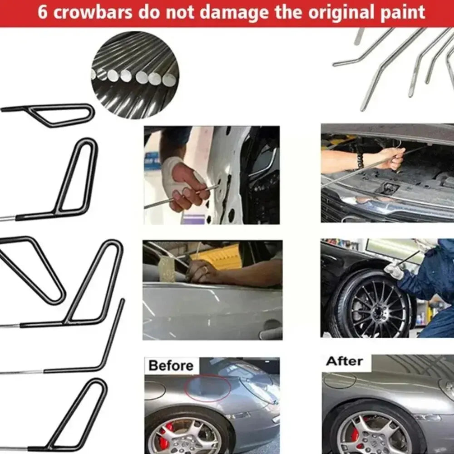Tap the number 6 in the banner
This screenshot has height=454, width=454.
click(x=42, y=12)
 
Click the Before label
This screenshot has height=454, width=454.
click(x=171, y=366)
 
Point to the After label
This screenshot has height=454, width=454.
click(x=345, y=362)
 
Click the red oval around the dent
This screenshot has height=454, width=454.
click(x=209, y=389)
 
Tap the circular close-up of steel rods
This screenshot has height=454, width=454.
click(x=135, y=75)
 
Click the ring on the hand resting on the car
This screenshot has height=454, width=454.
click(x=205, y=270)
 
